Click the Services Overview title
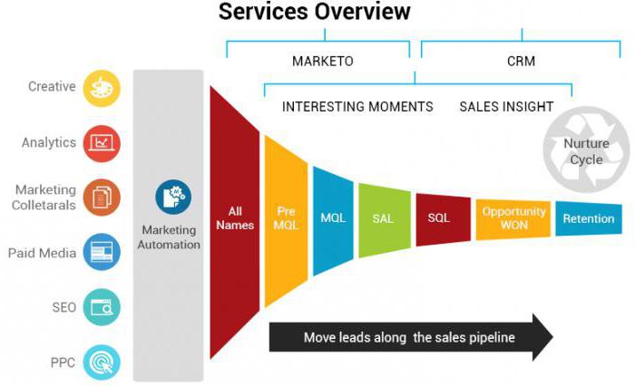point(314,13)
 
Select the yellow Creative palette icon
point(102,88)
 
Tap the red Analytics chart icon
point(102,142)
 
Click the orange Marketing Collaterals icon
point(102,197)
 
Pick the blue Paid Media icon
point(102,252)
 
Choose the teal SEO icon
point(102,307)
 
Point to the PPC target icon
point(102,362)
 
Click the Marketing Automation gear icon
point(172,197)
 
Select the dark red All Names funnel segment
point(234,218)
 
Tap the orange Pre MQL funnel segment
point(286,218)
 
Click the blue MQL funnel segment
point(333,218)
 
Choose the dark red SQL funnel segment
point(439,218)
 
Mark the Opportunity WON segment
point(513,218)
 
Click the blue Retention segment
point(588,218)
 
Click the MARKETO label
point(322,61)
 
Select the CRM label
point(522,61)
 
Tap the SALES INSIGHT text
point(506,106)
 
